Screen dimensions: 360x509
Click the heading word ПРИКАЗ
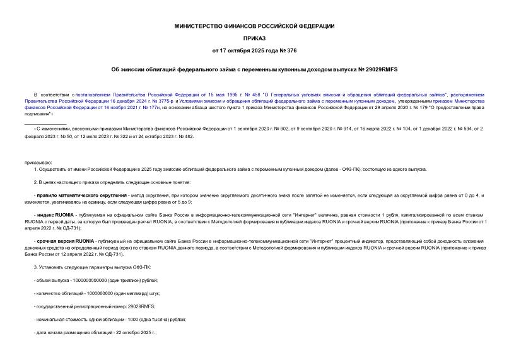(254, 38)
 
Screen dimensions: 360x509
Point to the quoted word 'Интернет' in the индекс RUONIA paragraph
(245, 215)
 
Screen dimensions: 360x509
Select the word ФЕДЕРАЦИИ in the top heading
(314, 26)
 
